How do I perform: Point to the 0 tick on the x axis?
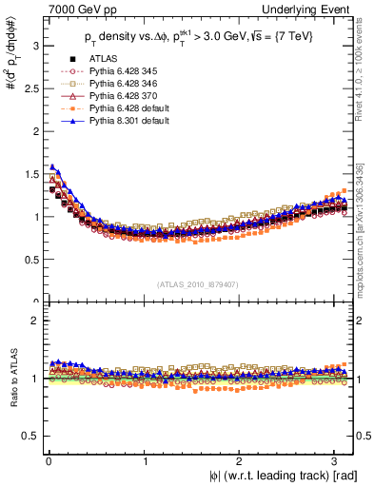coord(48,462)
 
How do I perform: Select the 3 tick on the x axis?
coord(338,462)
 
